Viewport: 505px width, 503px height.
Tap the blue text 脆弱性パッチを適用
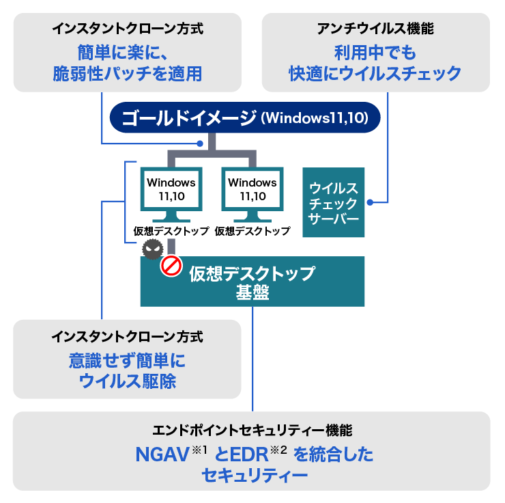click(128, 73)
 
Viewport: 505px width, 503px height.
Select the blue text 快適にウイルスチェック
click(375, 73)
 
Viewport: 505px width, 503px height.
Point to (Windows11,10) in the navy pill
click(315, 118)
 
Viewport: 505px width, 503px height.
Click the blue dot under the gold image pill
click(200, 144)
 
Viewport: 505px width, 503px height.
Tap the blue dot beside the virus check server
click(370, 202)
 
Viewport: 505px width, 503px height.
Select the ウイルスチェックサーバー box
click(333, 202)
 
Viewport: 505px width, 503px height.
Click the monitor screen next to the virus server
click(252, 189)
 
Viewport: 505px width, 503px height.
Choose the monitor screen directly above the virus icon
click(171, 189)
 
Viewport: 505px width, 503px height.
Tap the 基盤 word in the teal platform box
click(252, 293)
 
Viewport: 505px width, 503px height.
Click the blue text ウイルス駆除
click(128, 381)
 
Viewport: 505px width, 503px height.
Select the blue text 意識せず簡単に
click(128, 360)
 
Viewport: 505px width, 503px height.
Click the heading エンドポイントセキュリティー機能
click(252, 431)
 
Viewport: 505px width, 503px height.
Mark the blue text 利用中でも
click(375, 52)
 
